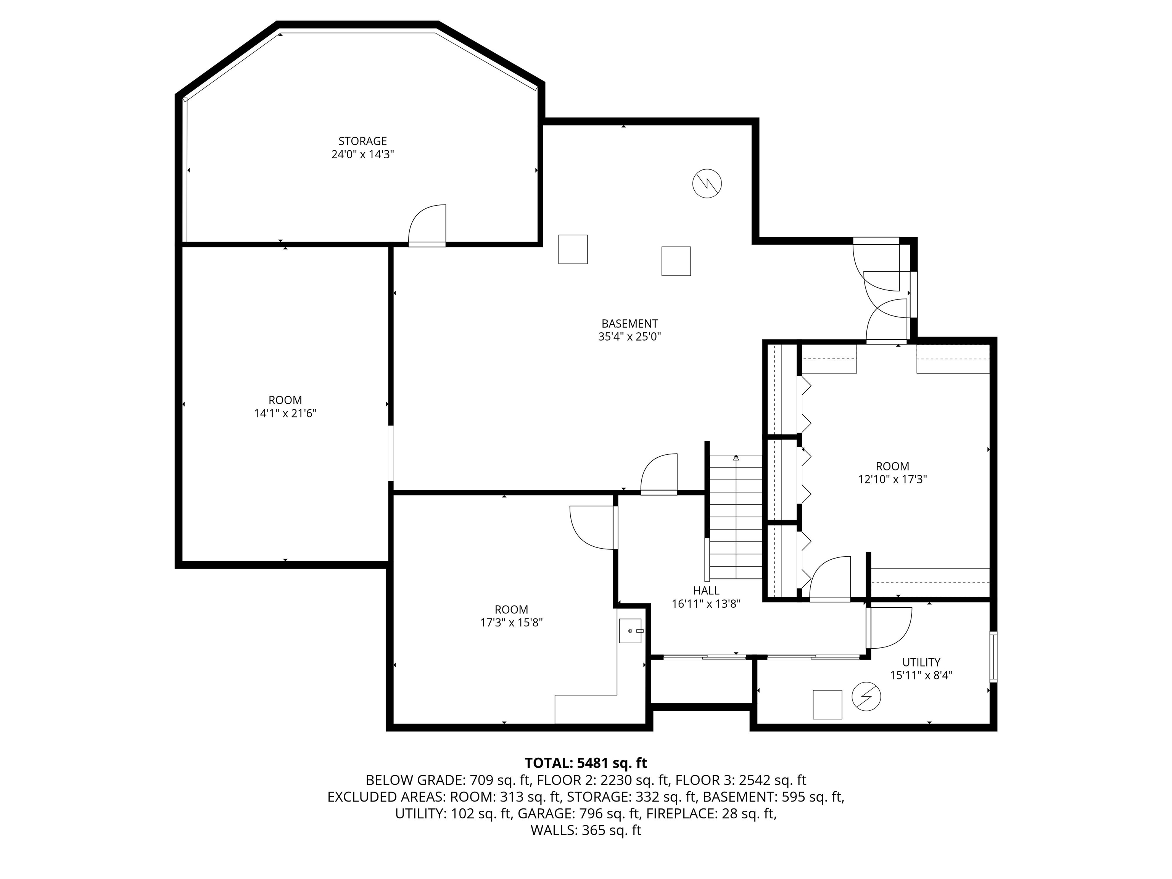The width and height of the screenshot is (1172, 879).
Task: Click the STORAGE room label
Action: click(362, 141)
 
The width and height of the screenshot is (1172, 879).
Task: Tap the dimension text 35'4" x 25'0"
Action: click(629, 336)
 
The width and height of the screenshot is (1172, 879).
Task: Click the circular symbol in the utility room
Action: click(866, 697)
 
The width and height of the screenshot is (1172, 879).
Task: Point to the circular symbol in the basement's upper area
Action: click(707, 184)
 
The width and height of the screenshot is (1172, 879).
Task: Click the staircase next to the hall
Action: click(736, 517)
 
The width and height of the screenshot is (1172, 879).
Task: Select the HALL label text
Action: click(706, 590)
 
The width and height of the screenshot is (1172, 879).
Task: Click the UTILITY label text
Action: click(921, 662)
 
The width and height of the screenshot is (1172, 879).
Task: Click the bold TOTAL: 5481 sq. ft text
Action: click(586, 763)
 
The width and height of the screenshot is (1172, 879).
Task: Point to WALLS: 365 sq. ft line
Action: click(586, 830)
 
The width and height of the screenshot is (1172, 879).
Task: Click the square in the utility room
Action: click(827, 704)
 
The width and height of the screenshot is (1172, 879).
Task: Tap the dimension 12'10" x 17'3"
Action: click(892, 480)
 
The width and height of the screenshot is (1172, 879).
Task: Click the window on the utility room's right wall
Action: click(993, 657)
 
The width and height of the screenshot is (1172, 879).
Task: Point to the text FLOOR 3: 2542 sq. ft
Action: click(741, 780)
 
